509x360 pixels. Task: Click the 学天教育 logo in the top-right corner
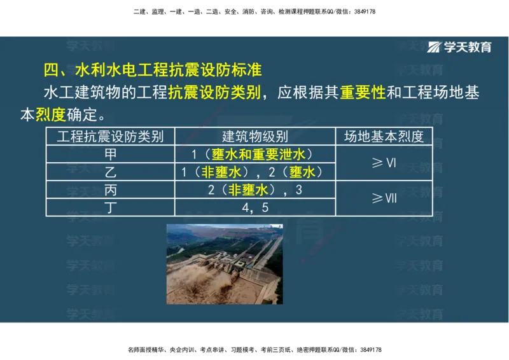point(460,47)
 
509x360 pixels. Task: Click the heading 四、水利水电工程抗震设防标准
point(152,69)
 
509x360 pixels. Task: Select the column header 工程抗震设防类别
point(110,136)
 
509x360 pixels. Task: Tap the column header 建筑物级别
point(254,136)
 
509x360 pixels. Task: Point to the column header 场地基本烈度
point(384,136)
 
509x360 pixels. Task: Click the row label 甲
point(110,154)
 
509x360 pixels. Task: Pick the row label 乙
point(110,172)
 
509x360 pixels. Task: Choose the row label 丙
point(110,190)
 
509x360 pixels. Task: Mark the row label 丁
point(110,207)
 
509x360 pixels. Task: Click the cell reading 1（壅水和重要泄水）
point(254,154)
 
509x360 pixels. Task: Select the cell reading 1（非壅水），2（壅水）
point(254,172)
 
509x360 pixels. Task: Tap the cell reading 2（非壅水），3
point(254,190)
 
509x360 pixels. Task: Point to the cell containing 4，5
point(254,207)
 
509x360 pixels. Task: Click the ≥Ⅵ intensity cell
point(384,163)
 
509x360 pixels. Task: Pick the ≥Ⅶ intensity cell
point(384,198)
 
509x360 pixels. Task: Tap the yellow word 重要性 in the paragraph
point(363,93)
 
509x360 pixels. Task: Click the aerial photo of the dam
point(224,263)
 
